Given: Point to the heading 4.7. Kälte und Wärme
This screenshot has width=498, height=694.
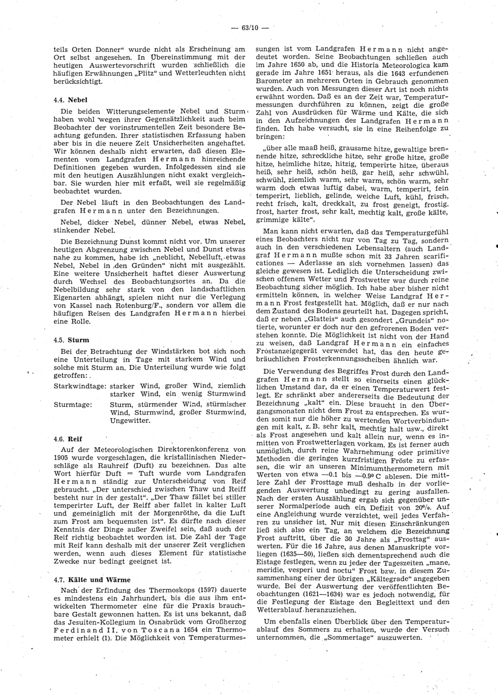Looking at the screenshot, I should click(x=92, y=580).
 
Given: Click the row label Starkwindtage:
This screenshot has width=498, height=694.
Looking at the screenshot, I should click(x=79, y=386).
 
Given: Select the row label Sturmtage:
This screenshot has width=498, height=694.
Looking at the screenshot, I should click(x=72, y=404).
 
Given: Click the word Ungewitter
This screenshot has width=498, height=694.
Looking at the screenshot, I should click(x=129, y=420).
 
